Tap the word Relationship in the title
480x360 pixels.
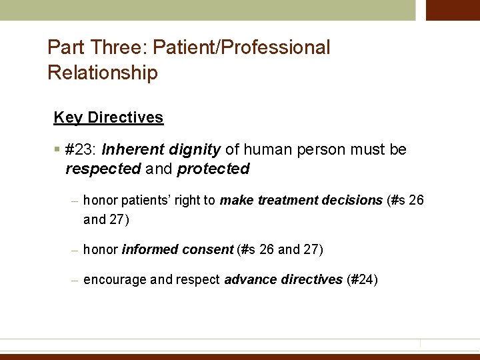(x=103, y=73)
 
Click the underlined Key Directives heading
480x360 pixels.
(x=108, y=117)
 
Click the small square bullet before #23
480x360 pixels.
(x=59, y=149)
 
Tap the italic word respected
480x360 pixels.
(x=103, y=169)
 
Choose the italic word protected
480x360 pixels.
(x=213, y=169)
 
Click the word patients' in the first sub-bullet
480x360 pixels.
(x=141, y=201)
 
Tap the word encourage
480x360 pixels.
(x=115, y=279)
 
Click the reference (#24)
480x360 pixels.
(x=363, y=279)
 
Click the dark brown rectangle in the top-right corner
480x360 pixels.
(x=453, y=10)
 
